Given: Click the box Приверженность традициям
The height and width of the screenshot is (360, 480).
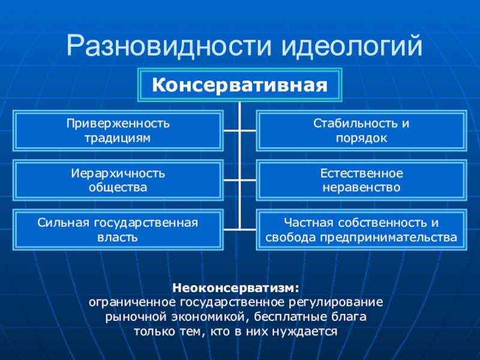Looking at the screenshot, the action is coord(118,130).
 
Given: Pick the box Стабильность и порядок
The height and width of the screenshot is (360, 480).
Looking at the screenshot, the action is coord(361,130).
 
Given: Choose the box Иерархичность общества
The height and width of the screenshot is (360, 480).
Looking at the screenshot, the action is coord(118,180).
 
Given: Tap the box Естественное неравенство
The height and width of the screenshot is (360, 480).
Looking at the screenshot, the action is coord(361,180).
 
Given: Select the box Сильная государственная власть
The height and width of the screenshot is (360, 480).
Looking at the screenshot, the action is coord(118,230).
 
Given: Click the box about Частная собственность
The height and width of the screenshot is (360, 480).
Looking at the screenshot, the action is coord(361,230).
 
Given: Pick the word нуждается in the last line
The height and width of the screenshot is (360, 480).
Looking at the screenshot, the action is coord(312,331).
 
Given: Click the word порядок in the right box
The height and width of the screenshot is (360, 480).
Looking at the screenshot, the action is coord(361,138).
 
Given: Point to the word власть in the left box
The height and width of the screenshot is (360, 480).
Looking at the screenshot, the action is coord(118,238).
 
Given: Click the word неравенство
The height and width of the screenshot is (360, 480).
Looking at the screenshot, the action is coord(361,188).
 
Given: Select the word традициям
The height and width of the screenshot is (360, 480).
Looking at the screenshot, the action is coord(118,138).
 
